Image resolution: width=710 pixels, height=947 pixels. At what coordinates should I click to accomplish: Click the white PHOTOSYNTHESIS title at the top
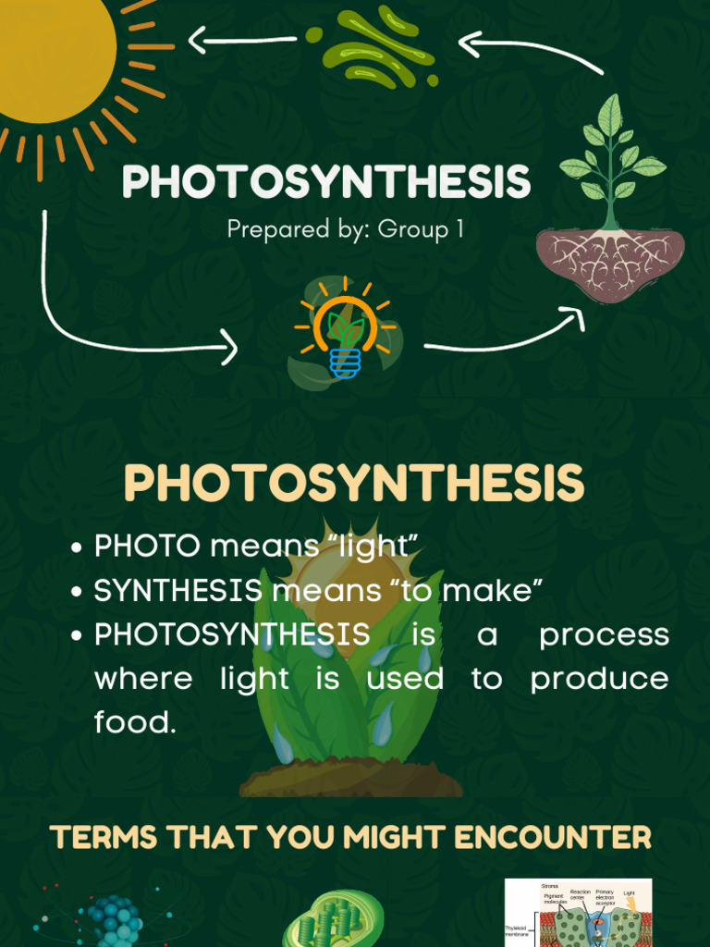pos(326,182)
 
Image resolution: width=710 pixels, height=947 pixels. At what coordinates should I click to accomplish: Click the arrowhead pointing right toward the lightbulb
pos(226,350)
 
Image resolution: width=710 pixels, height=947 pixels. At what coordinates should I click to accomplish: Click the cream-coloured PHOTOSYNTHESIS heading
pos(354,484)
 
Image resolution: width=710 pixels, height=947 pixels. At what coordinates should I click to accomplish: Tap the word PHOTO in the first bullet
pos(147,547)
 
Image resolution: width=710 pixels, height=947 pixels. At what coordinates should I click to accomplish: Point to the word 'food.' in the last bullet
pos(135,722)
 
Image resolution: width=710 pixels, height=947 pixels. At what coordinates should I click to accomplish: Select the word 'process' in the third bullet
pos(604,635)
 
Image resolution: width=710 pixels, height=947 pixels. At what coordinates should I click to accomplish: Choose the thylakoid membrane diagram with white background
pos(578,913)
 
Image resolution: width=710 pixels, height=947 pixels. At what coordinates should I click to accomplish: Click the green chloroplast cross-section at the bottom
pos(320,920)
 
